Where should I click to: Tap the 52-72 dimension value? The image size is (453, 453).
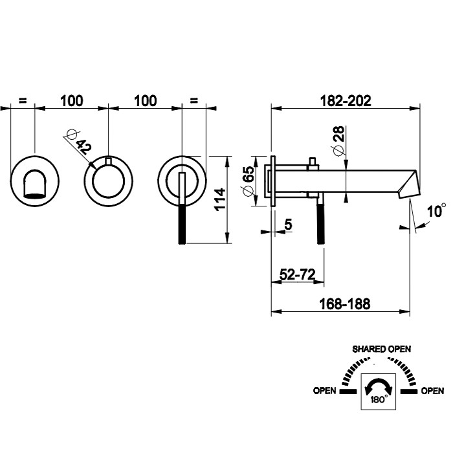(296, 274)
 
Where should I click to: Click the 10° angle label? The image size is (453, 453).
(437, 211)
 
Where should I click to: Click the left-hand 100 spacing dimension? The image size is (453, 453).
(71, 100)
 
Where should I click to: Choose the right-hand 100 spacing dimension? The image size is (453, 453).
(145, 100)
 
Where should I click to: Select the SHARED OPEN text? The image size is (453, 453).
(381, 349)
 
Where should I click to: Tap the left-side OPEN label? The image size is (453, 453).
(324, 391)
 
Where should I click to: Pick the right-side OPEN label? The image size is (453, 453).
(432, 391)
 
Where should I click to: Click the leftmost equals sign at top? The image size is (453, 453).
(23, 100)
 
